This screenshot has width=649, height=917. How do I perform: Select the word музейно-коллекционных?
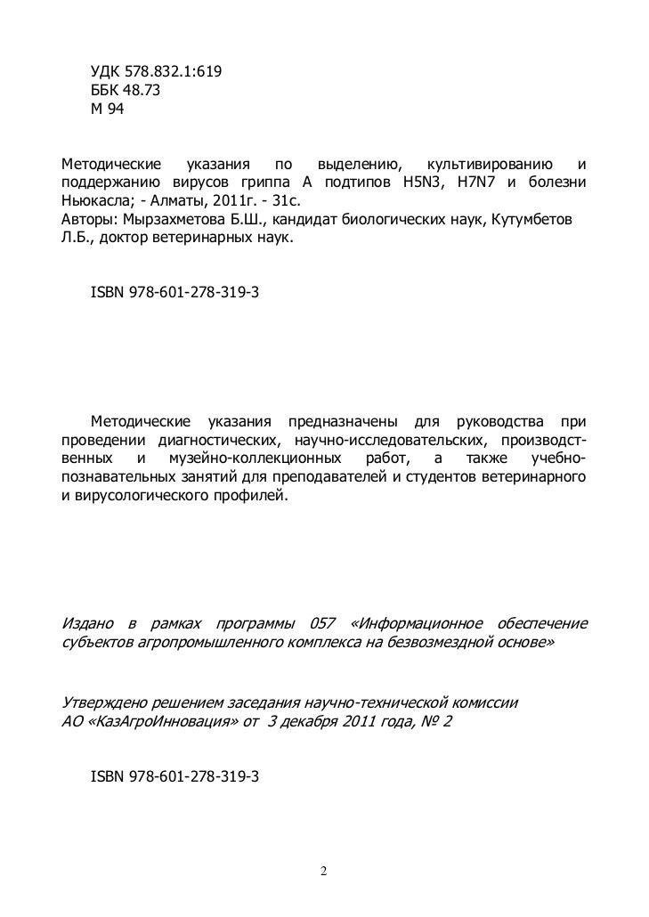click(x=255, y=459)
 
